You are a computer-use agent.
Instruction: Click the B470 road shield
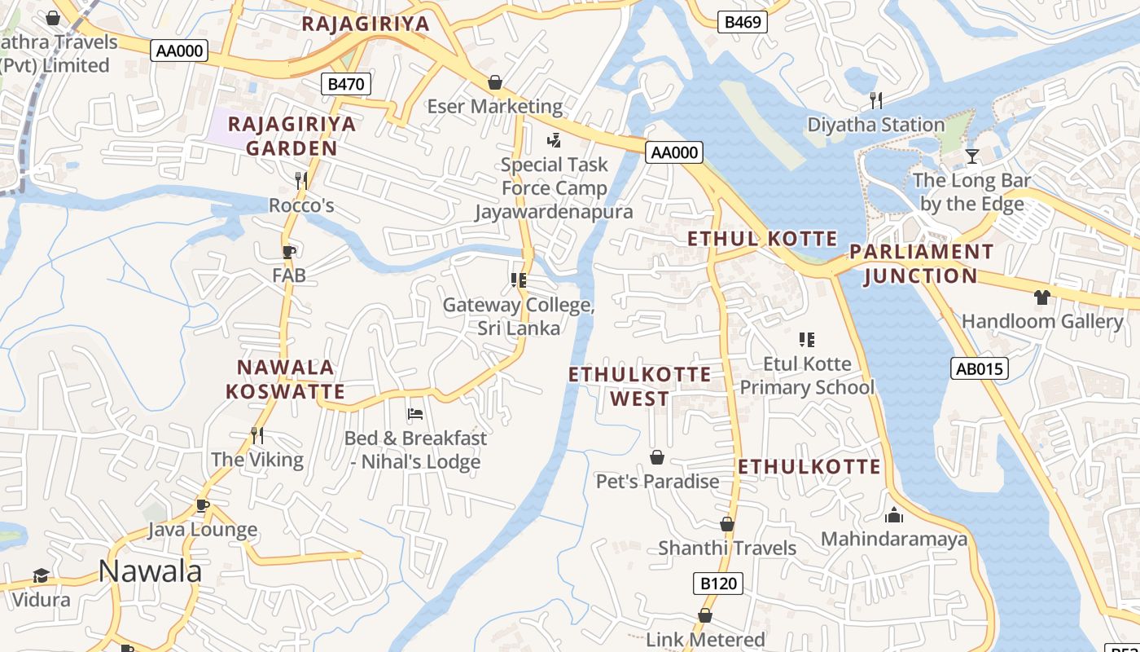tap(346, 83)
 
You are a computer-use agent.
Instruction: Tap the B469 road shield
tap(743, 22)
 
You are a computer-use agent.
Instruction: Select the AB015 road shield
tap(979, 368)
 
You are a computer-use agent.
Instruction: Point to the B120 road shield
tap(718, 583)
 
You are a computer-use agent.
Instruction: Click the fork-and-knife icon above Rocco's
tap(301, 180)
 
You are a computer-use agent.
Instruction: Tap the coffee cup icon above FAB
tap(289, 252)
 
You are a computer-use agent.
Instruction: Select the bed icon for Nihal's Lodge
tap(414, 413)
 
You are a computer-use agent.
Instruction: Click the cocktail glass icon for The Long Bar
tap(971, 156)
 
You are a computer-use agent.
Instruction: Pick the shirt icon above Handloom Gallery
tap(1042, 297)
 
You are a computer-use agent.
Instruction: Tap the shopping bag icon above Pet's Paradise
tap(657, 457)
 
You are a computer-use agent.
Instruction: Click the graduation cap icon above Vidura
tap(41, 576)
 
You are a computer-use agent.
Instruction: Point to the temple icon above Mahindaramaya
tap(894, 515)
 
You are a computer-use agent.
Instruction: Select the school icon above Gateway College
tap(519, 280)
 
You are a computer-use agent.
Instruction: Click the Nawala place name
tap(150, 570)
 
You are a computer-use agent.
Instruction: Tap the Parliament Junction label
tap(921, 263)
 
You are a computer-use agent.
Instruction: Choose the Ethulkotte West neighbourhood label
tap(639, 386)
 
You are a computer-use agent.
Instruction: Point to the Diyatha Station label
tap(875, 125)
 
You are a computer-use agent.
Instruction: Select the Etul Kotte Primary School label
tap(807, 375)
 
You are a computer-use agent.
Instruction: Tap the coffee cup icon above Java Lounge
tap(202, 505)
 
